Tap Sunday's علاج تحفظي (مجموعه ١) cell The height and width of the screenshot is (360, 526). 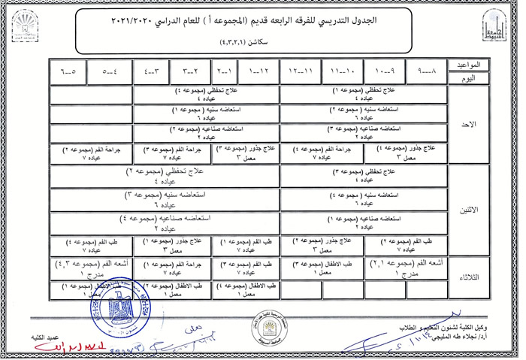pyautogui.click(x=364, y=94)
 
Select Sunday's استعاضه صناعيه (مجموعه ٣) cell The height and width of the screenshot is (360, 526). pyautogui.click(x=364, y=132)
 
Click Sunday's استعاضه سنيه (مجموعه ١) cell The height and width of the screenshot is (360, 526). pyautogui.click(x=206, y=113)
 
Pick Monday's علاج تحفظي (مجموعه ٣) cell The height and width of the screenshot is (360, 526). pyautogui.click(x=364, y=177)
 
